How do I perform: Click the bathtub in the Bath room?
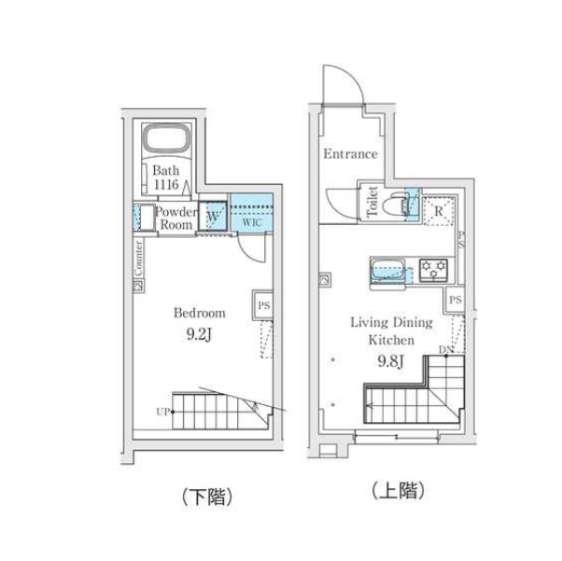166,138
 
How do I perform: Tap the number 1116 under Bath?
166,185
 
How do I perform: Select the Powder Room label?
176,217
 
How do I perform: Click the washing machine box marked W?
213,216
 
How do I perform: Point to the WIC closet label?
252,222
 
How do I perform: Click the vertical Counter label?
139,258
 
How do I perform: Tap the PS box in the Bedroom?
263,305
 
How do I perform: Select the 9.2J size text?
199,334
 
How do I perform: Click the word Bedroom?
200,313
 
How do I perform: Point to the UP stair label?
162,412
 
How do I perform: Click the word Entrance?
350,154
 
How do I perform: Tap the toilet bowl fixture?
394,205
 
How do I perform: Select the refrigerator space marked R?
439,211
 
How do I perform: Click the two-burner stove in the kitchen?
434,270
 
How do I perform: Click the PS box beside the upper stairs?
456,300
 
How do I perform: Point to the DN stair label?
446,349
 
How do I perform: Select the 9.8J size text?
391,360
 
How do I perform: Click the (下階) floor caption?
207,497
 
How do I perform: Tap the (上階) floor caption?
398,490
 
